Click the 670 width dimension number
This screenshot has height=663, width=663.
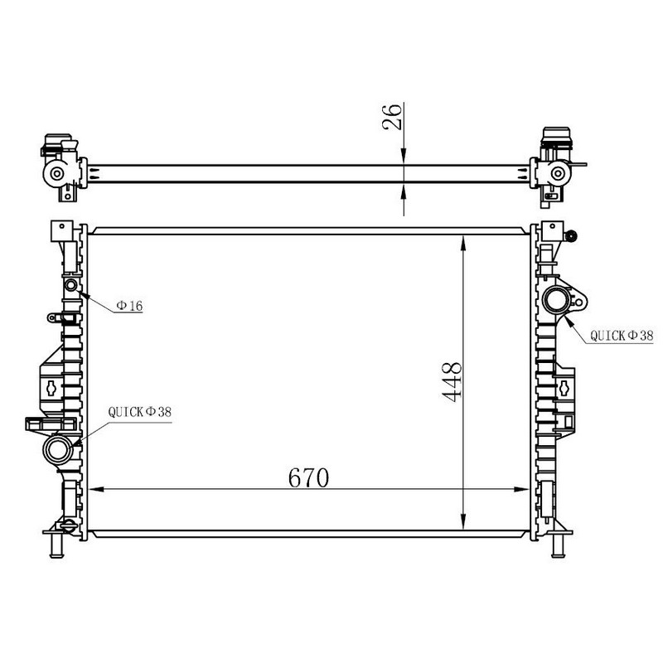308,478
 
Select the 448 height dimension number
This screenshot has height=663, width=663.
452,381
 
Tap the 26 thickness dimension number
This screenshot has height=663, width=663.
392,116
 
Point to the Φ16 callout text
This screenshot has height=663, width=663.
130,305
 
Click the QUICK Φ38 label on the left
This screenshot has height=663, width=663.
140,412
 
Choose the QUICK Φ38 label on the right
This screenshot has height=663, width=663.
622,336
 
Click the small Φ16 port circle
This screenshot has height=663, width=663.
70,284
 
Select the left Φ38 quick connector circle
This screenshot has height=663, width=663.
58,450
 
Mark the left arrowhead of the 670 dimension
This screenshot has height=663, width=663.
96,489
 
